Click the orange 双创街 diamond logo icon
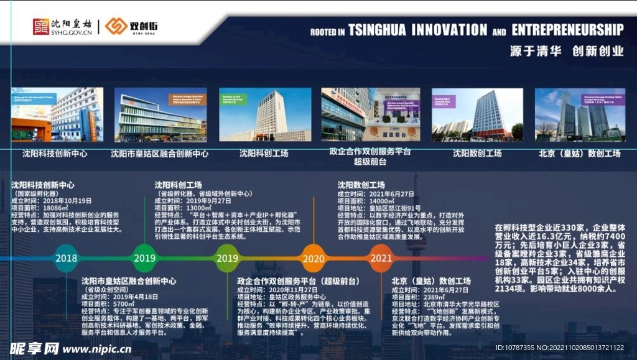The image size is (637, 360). (x=116, y=26)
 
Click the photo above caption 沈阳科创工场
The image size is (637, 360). (x=265, y=114)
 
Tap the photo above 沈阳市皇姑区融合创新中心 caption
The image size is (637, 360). (x=160, y=114)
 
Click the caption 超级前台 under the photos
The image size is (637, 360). (x=370, y=162)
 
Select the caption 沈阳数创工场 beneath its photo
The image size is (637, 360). (x=477, y=153)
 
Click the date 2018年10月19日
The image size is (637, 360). (x=68, y=200)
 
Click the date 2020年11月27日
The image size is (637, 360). (x=297, y=290)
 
